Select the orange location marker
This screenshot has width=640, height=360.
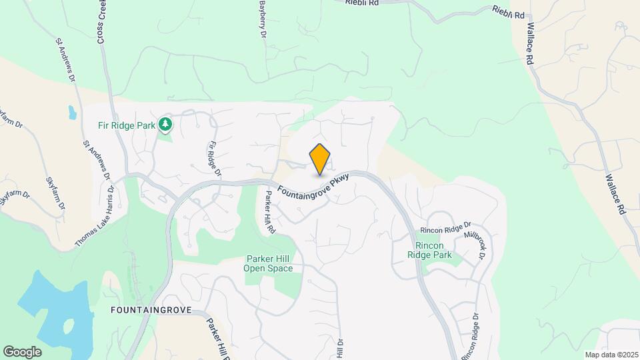pos(320,159)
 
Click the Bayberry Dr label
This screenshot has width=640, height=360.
pos(263,19)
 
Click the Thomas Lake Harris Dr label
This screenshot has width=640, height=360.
pos(95,217)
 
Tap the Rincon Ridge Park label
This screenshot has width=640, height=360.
pos(429,251)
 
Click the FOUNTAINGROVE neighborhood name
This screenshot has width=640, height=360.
pos(151,310)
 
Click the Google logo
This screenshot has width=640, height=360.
pos(22,351)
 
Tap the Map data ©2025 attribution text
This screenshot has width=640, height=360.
pos(611,355)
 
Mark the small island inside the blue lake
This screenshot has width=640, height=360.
pos(69,327)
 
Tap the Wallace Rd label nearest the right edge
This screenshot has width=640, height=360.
pos(615,193)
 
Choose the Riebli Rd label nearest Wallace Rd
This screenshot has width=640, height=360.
pos(508,11)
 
